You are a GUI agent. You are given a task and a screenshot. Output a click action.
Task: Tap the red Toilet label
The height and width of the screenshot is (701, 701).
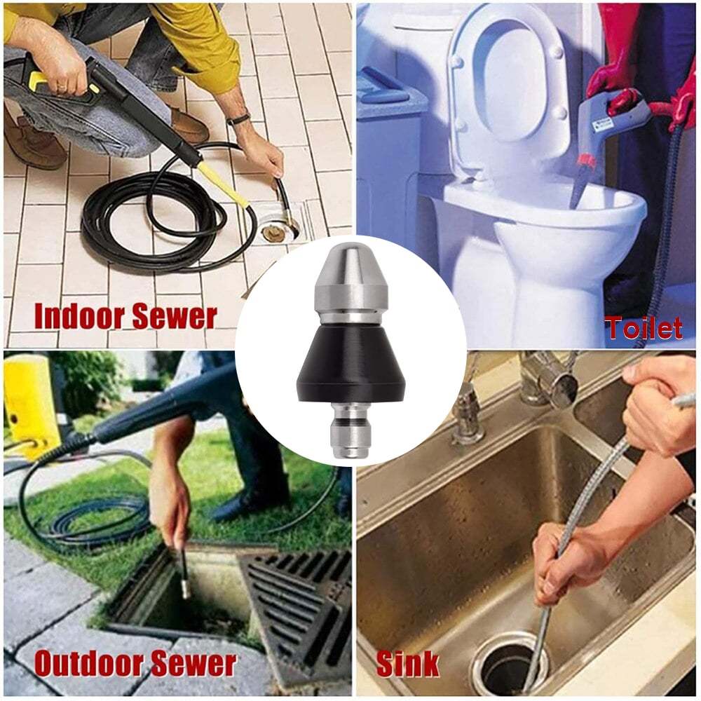pos(643,328)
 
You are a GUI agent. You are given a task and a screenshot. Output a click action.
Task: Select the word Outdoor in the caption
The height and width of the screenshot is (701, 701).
pos(86,663)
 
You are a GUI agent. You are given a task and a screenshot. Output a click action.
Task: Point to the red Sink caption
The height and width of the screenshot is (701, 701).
pos(408,663)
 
